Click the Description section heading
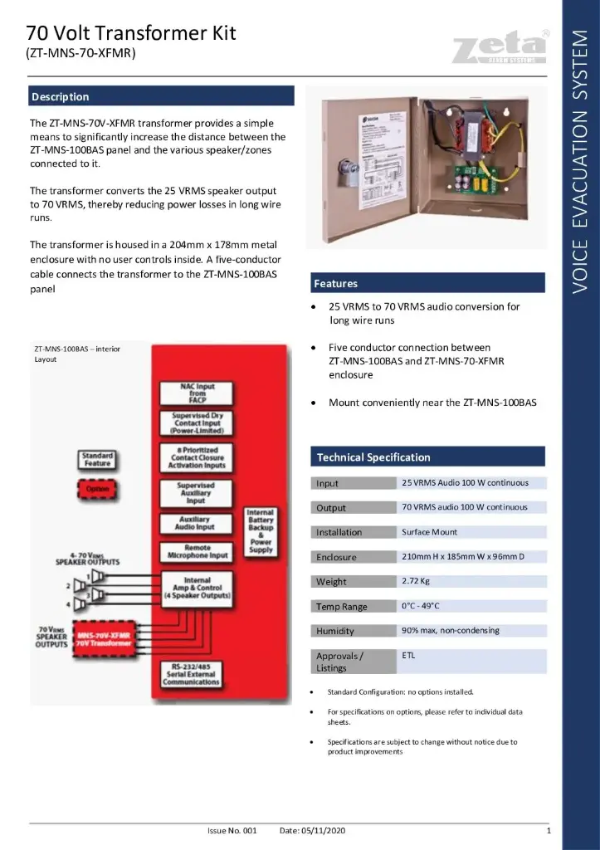(x=61, y=96)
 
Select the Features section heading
(x=335, y=283)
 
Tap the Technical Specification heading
(x=373, y=457)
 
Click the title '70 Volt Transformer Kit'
(x=131, y=33)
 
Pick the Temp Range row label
(x=341, y=606)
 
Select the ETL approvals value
(x=408, y=656)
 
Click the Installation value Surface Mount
(x=429, y=532)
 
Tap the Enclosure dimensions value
(x=462, y=556)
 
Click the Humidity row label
(x=334, y=631)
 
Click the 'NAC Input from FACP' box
(x=197, y=393)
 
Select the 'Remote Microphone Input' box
(x=197, y=552)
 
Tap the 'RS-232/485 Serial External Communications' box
(x=197, y=673)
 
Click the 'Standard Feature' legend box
(x=98, y=459)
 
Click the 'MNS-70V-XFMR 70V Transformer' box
(x=104, y=638)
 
